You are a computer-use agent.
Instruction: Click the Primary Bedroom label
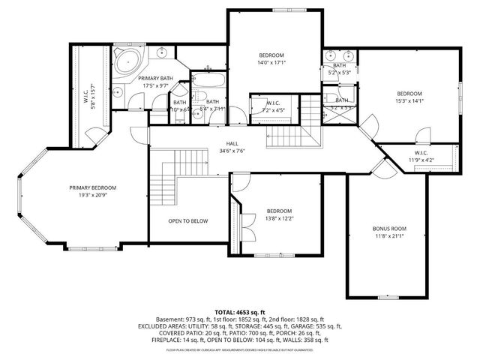click(92, 187)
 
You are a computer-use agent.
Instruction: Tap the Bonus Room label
click(388, 229)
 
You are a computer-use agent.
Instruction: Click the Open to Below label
click(187, 221)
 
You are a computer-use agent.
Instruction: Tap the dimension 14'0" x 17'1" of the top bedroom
click(271, 63)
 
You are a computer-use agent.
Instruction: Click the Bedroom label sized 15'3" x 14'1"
click(409, 93)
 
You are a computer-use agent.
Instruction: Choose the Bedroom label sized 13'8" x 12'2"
click(278, 211)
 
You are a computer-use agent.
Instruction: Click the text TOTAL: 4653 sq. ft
click(240, 311)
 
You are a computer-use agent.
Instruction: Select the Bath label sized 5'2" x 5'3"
click(340, 65)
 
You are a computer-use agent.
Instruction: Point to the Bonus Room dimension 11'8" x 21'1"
click(388, 236)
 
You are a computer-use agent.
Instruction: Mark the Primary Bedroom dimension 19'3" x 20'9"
click(92, 195)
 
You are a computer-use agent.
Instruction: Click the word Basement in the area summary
click(168, 319)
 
